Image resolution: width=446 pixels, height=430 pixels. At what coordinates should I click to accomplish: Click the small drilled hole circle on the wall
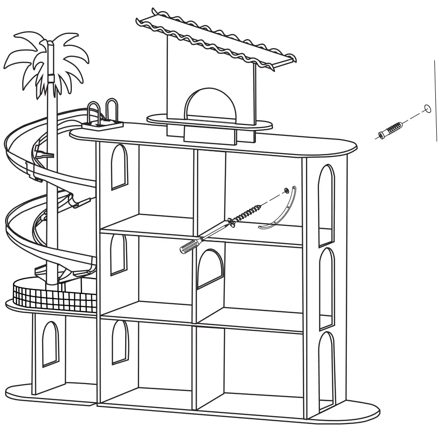[x=427, y=109]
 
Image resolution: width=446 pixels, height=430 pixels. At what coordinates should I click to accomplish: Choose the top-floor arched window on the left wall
[x=119, y=167]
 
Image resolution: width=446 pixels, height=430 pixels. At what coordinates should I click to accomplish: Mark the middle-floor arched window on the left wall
[x=118, y=255]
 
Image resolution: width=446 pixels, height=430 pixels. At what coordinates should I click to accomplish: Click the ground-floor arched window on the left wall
[x=120, y=342]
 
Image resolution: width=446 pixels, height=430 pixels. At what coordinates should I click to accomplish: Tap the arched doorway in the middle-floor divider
[x=210, y=270]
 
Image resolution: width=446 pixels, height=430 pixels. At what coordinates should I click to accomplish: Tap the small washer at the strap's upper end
[x=287, y=190]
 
